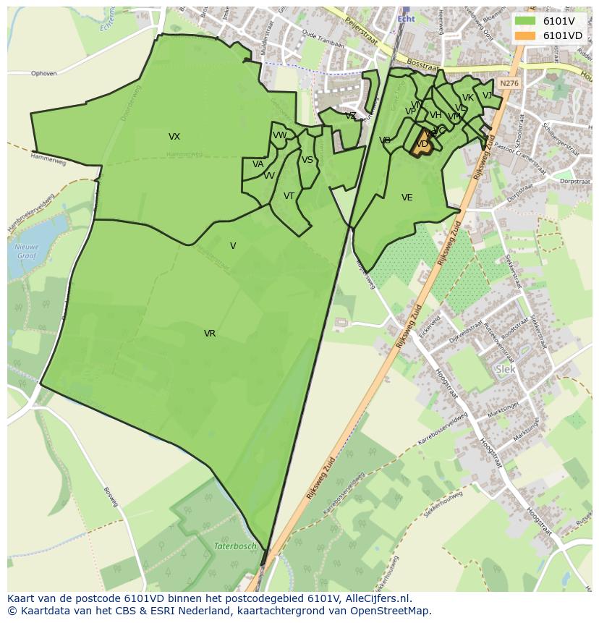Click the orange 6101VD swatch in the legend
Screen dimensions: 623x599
(x=525, y=35)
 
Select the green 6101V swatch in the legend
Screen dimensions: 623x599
(x=525, y=21)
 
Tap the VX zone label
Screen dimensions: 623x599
(x=174, y=137)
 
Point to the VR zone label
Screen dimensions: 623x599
(x=210, y=334)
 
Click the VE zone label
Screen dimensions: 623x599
(x=407, y=198)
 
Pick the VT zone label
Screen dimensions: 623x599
(x=289, y=196)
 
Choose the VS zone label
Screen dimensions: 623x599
(x=307, y=160)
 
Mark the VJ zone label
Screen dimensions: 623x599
(x=487, y=96)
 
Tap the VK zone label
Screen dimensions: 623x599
(x=467, y=98)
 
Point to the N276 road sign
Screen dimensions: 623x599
(x=509, y=84)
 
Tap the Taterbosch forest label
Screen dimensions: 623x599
(x=235, y=546)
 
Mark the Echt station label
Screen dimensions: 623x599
(x=406, y=20)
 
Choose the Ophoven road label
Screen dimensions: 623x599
(x=44, y=73)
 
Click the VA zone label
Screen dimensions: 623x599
(x=258, y=164)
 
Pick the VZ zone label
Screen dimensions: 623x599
(x=350, y=116)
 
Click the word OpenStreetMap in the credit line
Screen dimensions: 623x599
(x=391, y=611)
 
